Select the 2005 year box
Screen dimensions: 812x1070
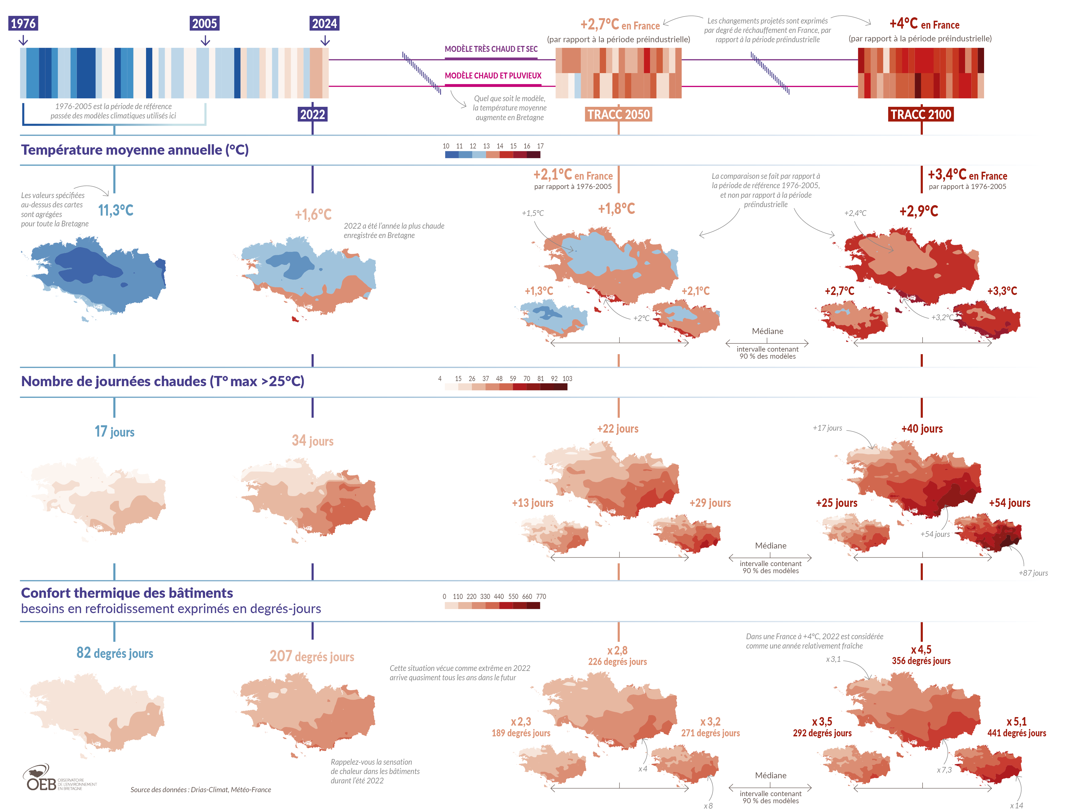click(x=205, y=23)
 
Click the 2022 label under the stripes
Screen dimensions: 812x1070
click(x=313, y=114)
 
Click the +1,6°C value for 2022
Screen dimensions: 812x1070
click(x=313, y=214)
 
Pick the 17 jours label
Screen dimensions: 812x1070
click(x=115, y=431)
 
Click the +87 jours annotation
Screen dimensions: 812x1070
click(x=1033, y=573)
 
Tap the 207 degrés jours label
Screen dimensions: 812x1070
click(x=312, y=656)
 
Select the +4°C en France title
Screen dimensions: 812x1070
click(x=924, y=24)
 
